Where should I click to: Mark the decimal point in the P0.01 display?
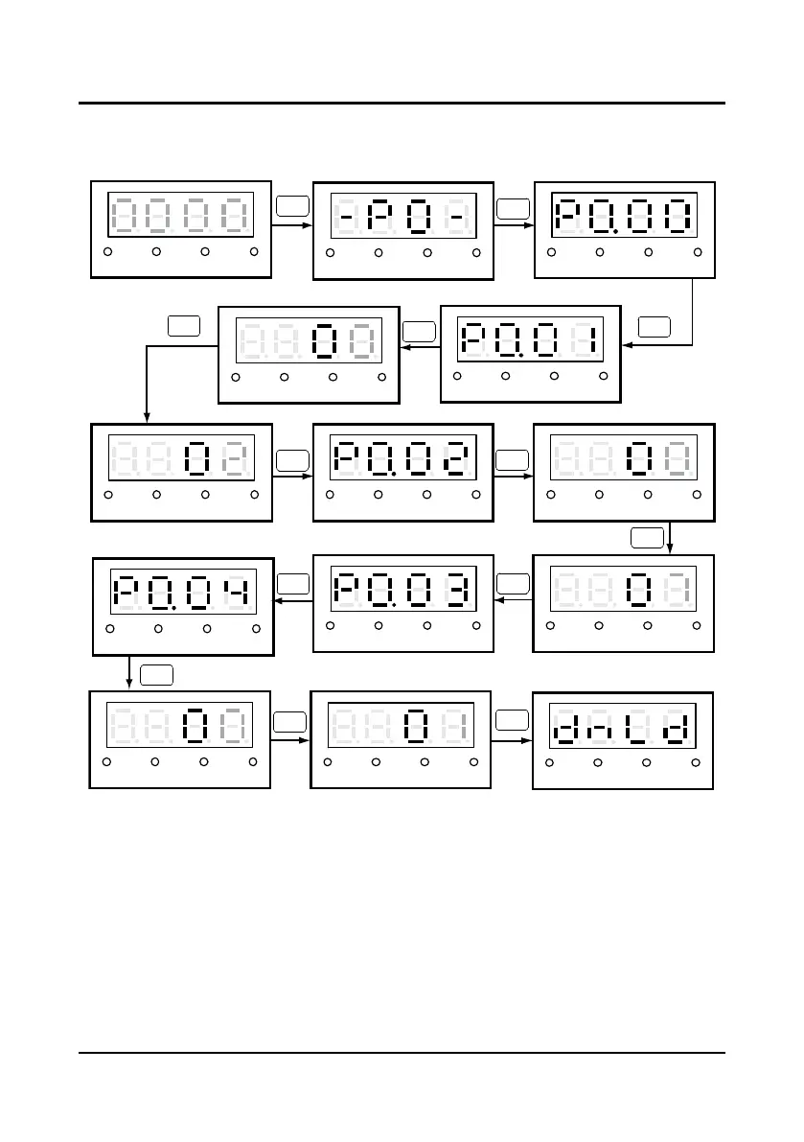click(x=518, y=356)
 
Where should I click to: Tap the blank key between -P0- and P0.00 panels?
click(x=513, y=206)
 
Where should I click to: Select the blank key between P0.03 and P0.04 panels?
click(x=292, y=582)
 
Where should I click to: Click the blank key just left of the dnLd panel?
click(x=513, y=717)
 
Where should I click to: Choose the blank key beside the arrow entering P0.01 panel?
click(x=655, y=326)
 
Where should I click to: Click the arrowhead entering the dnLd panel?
click(x=526, y=739)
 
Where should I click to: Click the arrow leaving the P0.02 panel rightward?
click(x=514, y=474)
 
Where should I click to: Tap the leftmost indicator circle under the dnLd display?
click(x=549, y=762)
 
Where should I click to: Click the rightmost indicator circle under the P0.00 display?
click(x=698, y=252)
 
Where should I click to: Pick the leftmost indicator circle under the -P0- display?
click(x=330, y=253)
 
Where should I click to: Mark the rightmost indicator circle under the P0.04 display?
click(x=256, y=629)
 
